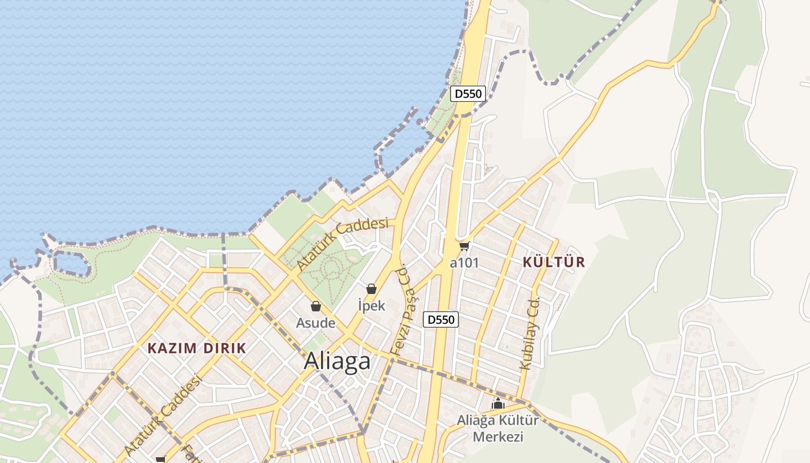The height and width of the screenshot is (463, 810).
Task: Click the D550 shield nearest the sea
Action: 467,94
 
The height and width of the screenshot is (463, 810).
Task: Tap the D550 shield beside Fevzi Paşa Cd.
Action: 441,319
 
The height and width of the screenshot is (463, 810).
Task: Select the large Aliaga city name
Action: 337,361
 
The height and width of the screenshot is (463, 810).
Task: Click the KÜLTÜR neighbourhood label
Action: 554,262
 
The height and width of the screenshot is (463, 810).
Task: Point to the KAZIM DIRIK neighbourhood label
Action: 197,348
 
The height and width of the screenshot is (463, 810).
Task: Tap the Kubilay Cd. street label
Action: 529,334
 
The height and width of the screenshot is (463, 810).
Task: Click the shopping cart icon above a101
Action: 464,247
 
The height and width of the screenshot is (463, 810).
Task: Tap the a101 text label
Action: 464,263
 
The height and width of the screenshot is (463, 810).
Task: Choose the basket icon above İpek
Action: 371,289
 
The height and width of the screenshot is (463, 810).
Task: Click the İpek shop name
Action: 371,306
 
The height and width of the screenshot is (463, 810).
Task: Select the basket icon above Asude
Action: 316,306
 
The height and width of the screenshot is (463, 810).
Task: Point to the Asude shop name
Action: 316,323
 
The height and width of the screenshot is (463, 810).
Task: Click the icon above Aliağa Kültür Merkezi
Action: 498,404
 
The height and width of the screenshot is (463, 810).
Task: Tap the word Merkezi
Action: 498,436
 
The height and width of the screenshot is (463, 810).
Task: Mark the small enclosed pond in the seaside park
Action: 72,264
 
